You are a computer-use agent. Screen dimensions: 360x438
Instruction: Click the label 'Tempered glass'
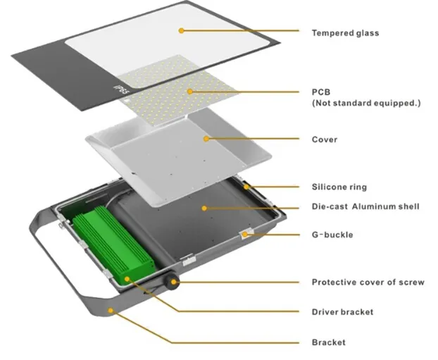pyautogui.click(x=345, y=32)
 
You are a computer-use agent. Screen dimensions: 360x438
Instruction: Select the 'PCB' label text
pyautogui.click(x=320, y=92)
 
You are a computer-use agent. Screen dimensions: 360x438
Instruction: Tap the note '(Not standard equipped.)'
pyautogui.click(x=365, y=104)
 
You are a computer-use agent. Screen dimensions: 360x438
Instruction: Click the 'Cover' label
pyautogui.click(x=324, y=139)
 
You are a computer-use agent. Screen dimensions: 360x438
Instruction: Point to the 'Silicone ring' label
pyautogui.click(x=339, y=187)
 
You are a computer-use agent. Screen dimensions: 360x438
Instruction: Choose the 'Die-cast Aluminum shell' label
pyautogui.click(x=365, y=206)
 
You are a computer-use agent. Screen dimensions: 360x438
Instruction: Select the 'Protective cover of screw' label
pyautogui.click(x=368, y=283)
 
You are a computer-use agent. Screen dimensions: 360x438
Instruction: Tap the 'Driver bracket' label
pyautogui.click(x=342, y=311)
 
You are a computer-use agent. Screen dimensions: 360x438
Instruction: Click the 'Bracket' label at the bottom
pyautogui.click(x=328, y=342)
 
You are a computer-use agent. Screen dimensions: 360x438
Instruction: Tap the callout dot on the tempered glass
pyautogui.click(x=181, y=30)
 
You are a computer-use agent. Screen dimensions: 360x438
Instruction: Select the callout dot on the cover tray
pyautogui.click(x=206, y=139)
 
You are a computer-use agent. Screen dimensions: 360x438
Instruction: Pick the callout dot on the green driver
pyautogui.click(x=127, y=278)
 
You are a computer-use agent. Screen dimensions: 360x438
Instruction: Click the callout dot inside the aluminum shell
pyautogui.click(x=204, y=207)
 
